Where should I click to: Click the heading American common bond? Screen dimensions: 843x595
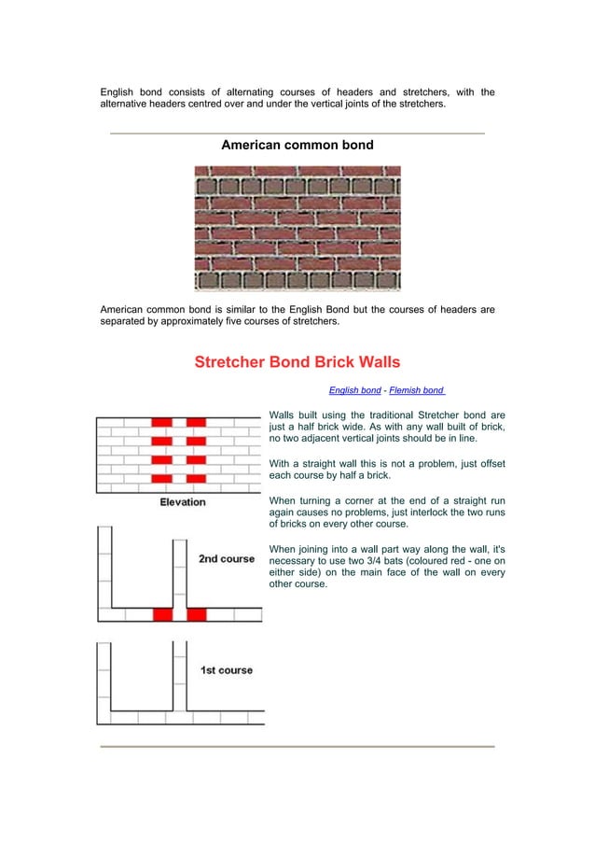[x=297, y=146]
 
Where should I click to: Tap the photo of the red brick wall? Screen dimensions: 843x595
[x=297, y=228]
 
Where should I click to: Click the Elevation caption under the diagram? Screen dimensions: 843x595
[x=183, y=502]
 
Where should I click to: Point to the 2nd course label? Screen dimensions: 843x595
[x=226, y=559]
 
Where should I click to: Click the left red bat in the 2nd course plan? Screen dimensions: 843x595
[x=162, y=614]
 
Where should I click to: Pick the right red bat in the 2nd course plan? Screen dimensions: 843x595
[x=197, y=614]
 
